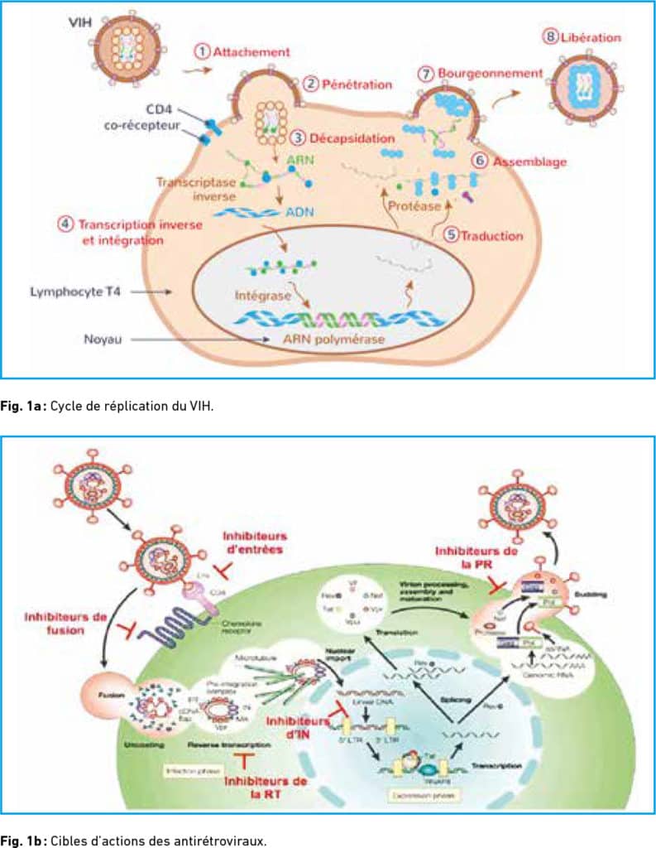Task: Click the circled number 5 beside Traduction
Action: pyautogui.click(x=450, y=234)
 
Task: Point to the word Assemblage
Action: pyautogui.click(x=529, y=161)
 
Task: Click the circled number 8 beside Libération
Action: pyautogui.click(x=549, y=37)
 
